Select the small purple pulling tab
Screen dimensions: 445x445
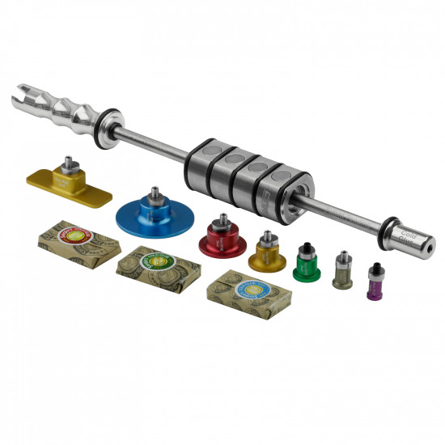coord(374,285)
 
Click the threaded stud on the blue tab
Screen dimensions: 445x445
coord(154,193)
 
